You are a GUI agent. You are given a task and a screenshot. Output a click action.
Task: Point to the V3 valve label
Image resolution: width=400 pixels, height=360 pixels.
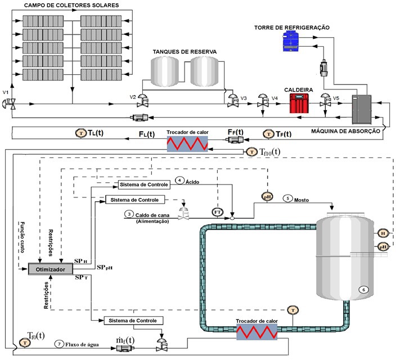(x=244, y=98)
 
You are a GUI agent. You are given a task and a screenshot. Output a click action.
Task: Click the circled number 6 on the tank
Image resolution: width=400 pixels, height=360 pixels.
(x=363, y=289)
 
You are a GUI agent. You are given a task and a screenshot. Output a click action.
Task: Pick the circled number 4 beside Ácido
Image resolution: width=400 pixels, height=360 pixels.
(x=179, y=180)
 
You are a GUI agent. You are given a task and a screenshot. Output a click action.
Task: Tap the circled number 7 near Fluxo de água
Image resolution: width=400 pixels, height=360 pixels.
(x=58, y=344)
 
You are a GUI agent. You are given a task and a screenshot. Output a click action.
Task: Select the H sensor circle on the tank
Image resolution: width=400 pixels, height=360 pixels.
(x=383, y=233)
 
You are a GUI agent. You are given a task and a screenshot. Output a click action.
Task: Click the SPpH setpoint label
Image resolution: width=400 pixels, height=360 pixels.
(x=105, y=267)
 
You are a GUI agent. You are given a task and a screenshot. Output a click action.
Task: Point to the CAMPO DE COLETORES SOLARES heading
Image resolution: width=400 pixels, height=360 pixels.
(x=70, y=5)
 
